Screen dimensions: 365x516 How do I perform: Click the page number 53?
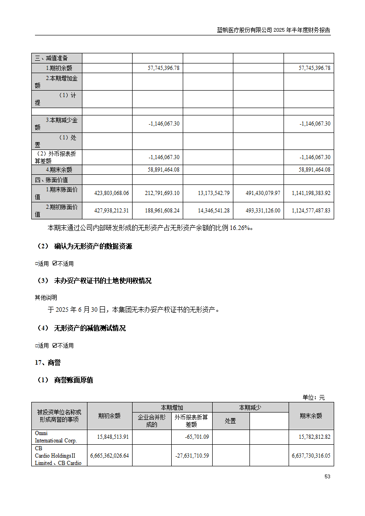point(327,476)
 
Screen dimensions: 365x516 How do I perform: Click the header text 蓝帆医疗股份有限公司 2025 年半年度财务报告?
point(273,30)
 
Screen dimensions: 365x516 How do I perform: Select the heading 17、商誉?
point(48,363)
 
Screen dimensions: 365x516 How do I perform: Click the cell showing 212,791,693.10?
point(157,193)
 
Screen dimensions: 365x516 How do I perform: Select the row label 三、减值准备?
point(51,58)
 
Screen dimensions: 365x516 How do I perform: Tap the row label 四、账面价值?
point(51,180)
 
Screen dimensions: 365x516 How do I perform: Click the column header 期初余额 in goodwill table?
point(109,416)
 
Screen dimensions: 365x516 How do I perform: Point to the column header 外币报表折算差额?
point(191,421)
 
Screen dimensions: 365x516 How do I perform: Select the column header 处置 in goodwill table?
point(231,421)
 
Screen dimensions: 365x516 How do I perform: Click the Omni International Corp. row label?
point(56,436)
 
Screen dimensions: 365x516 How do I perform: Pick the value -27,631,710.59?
point(192,455)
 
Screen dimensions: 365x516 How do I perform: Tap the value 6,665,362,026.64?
point(107,455)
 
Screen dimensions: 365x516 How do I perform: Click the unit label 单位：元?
point(313,397)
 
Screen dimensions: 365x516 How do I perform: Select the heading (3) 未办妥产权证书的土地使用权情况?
point(94,281)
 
